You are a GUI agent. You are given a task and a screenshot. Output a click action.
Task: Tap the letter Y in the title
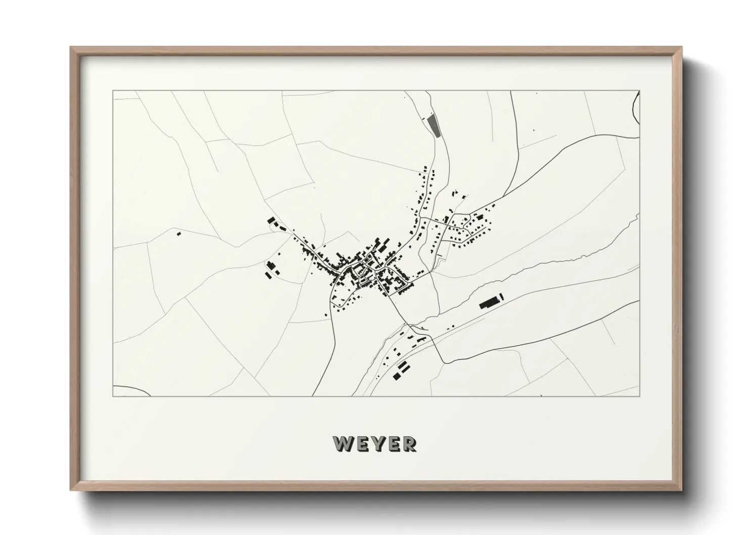pos(377,443)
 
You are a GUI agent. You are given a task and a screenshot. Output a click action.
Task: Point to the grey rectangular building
pos(433,126)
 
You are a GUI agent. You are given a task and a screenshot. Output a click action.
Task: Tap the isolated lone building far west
pos(178,234)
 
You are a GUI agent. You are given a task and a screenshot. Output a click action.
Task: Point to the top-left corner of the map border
pos(113,91)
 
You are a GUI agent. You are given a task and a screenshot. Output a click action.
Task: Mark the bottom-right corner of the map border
pos(640,396)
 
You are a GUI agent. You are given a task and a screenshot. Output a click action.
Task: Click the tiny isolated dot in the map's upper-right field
pos(534,130)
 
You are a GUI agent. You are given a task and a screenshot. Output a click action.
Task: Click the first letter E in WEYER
pos(361,443)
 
